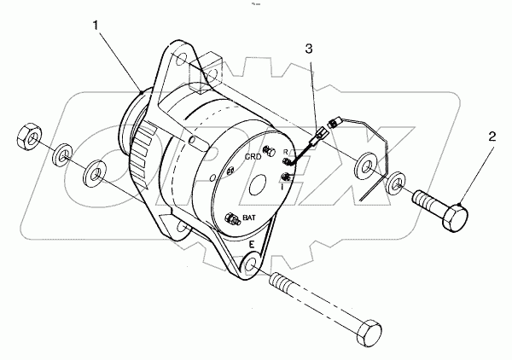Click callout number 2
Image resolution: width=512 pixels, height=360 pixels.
pos(493,136)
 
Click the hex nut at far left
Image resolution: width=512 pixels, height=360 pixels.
pos(27,136)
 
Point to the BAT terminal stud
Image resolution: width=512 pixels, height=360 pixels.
pos(229,222)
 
